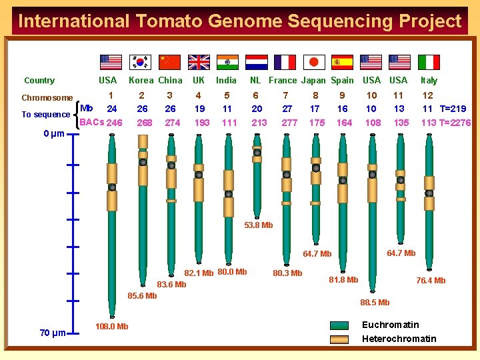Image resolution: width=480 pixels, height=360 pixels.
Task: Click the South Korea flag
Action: coord(140,62)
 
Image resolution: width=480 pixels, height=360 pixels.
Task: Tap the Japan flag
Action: coord(314,62)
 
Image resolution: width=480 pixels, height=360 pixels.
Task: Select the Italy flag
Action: coord(429,62)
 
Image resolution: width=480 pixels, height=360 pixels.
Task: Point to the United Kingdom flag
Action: coord(199,62)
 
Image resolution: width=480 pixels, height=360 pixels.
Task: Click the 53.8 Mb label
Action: coord(259,225)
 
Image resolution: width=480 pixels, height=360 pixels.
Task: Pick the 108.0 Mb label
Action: coord(112,326)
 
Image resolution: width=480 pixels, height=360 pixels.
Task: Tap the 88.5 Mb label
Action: coord(375,303)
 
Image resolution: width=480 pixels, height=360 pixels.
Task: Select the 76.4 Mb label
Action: coord(431,281)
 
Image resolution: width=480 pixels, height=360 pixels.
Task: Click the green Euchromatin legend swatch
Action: coord(339,326)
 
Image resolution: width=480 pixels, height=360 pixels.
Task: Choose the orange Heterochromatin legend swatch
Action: coord(339,339)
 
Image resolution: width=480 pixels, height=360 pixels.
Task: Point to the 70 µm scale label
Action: coord(52,333)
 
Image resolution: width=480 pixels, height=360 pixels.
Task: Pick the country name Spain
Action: coord(342,81)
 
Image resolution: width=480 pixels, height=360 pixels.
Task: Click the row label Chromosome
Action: coord(47,98)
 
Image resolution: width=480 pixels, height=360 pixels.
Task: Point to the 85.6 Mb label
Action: coord(142,296)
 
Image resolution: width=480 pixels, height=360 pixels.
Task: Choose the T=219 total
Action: coord(453,109)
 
